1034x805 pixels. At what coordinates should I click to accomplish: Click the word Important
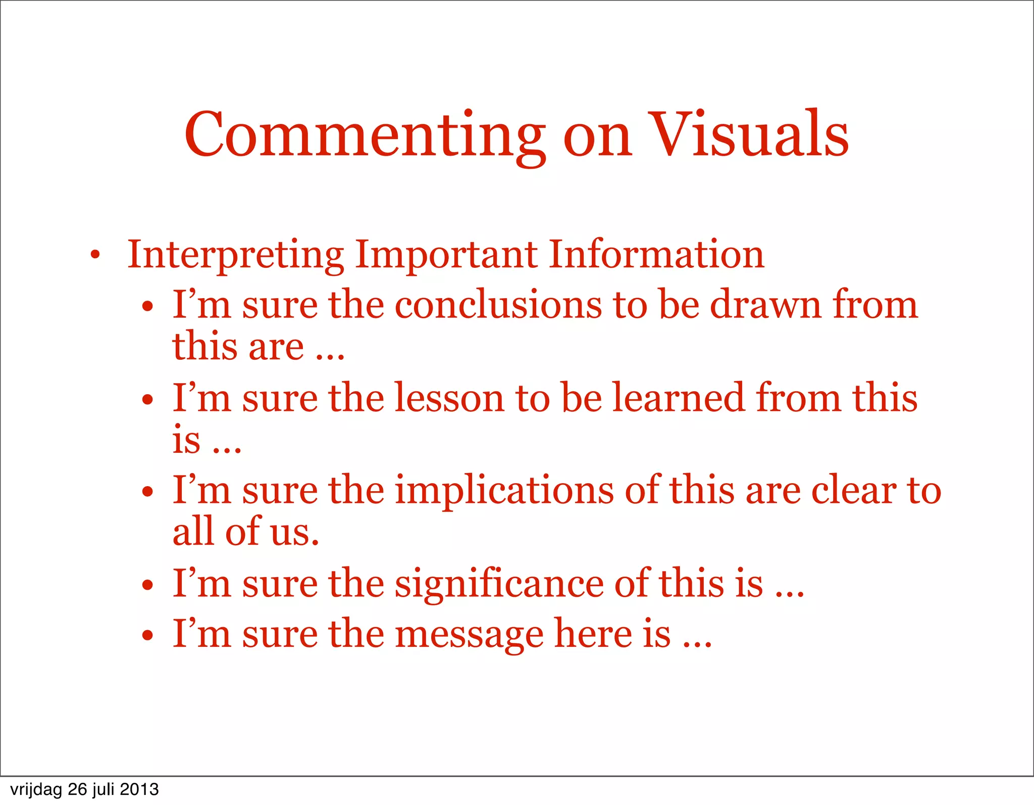coord(446,254)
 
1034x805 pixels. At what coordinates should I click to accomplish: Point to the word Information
coord(656,254)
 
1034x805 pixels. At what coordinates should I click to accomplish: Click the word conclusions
coord(498,305)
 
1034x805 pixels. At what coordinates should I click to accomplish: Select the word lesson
coord(449,398)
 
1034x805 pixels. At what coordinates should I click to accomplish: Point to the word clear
coord(853,491)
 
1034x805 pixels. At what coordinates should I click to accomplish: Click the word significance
coord(499,584)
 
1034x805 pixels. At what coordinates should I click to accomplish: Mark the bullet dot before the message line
coord(147,635)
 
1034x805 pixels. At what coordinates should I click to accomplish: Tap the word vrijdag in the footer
coord(36,790)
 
